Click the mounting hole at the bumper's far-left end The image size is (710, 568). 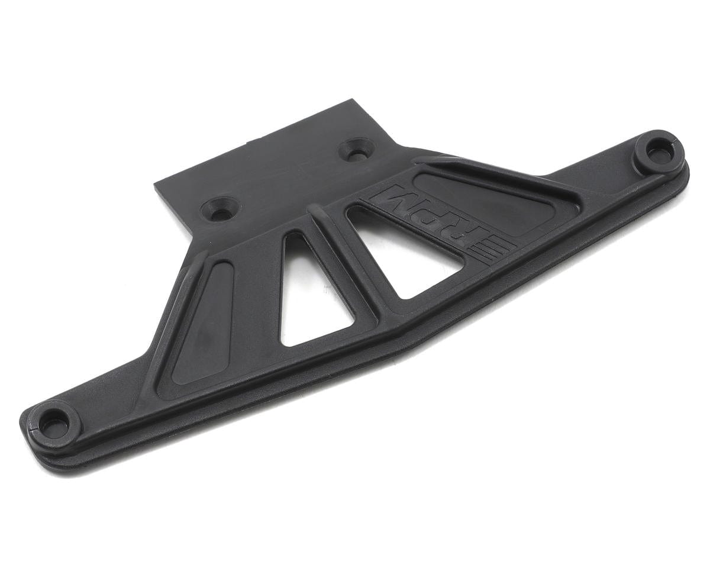(53, 423)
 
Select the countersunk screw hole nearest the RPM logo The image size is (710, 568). (357, 149)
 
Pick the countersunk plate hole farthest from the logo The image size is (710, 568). (220, 208)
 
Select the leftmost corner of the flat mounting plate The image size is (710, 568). (155, 185)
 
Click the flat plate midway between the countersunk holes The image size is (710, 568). (288, 179)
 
